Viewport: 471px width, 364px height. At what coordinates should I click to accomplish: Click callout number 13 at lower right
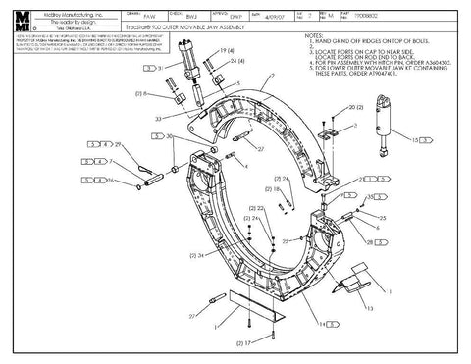[370, 307]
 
